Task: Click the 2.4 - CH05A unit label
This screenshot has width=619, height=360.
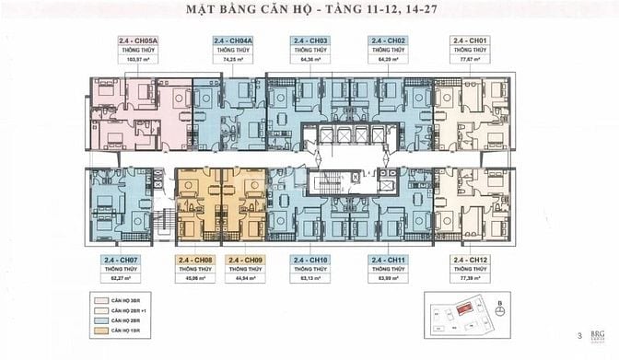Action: click(x=138, y=41)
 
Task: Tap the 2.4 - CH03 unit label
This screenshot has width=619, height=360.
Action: click(x=311, y=41)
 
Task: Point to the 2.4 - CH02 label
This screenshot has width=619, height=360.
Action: click(x=388, y=41)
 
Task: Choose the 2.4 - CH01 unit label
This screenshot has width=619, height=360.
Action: click(x=468, y=41)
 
